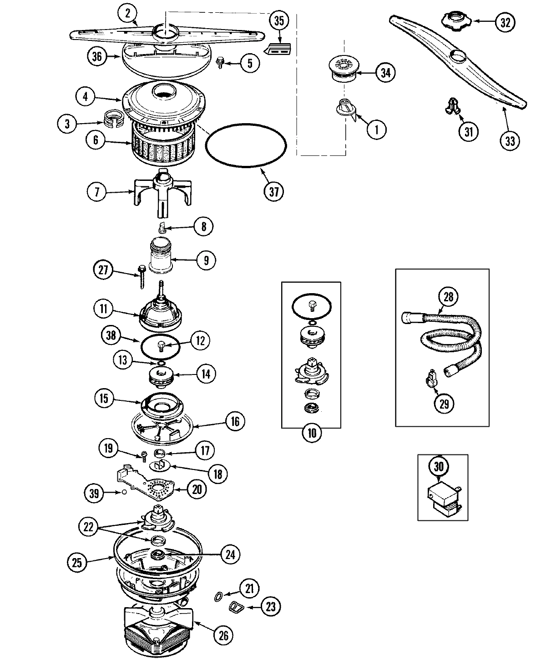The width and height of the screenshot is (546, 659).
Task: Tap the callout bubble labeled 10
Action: click(x=311, y=433)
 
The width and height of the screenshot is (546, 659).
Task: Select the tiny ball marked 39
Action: click(x=120, y=492)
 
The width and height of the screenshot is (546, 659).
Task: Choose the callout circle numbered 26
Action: click(x=223, y=635)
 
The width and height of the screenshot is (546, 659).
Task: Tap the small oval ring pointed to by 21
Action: click(x=218, y=595)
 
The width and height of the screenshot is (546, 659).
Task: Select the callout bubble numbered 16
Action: click(x=235, y=421)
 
